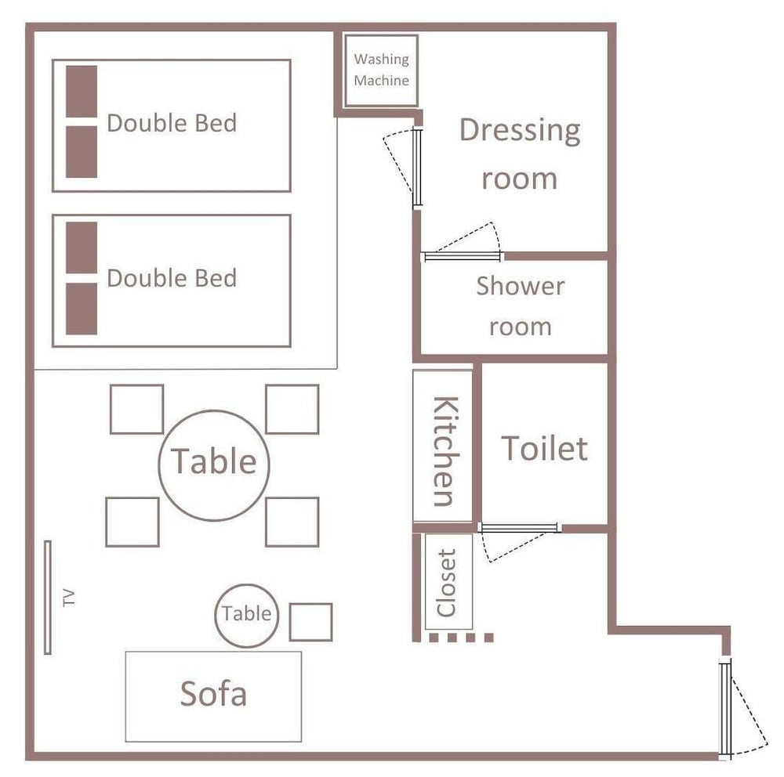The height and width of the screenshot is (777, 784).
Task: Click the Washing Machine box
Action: click(381, 70)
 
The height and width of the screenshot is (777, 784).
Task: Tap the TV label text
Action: click(69, 598)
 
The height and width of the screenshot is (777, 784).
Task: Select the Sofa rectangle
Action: click(213, 696)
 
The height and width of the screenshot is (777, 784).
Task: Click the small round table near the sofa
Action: click(246, 616)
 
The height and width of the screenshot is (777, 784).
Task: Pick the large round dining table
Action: click(214, 465)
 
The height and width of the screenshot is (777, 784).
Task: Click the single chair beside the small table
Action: click(310, 622)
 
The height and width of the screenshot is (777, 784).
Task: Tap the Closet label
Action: click(446, 583)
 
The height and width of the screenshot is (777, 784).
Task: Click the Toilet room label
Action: click(545, 448)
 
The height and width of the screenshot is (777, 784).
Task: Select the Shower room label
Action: click(521, 305)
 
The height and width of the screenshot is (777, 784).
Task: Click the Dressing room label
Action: click(520, 154)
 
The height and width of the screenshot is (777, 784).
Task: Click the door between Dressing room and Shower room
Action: click(462, 256)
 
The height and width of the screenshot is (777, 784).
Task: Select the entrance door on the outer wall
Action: click(725, 707)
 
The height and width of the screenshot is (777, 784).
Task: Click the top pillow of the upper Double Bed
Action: click(82, 92)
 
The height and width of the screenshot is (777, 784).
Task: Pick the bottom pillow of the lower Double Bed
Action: click(82, 309)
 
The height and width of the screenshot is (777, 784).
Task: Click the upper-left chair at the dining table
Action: click(136, 409)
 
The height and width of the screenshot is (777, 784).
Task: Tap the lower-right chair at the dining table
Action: click(292, 522)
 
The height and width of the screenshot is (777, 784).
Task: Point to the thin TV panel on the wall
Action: click(48, 598)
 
